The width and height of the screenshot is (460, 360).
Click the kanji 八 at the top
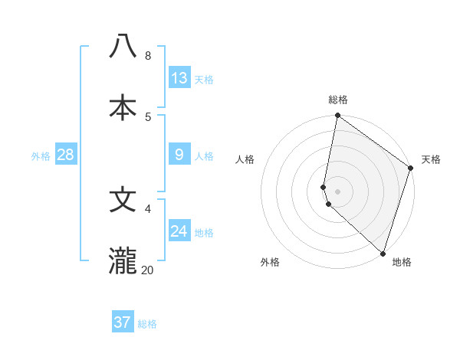tap(123, 46)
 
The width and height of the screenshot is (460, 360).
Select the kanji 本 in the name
tap(123, 107)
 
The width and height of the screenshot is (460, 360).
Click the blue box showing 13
tap(179, 78)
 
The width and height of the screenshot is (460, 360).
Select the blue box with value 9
tap(179, 155)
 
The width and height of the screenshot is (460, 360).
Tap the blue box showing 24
tap(179, 231)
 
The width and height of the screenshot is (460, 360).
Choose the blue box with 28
tap(66, 155)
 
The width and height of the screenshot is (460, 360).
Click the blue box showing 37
tap(123, 322)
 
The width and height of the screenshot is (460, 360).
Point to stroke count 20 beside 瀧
tap(147, 270)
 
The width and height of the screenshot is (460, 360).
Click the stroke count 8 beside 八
tap(148, 55)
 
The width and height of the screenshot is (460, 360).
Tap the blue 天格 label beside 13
tap(204, 80)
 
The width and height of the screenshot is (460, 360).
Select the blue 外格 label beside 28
tap(41, 156)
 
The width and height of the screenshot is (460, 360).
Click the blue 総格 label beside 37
tap(147, 324)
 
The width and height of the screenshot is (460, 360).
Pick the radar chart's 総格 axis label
tap(338, 100)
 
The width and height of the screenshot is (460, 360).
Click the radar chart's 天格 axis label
tap(431, 159)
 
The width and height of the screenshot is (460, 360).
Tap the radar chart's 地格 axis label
tap(402, 262)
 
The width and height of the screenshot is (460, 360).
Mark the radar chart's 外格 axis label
tap(270, 262)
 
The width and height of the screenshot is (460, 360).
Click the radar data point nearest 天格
tap(411, 169)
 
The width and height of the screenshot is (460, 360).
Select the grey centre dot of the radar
tap(338, 191)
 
